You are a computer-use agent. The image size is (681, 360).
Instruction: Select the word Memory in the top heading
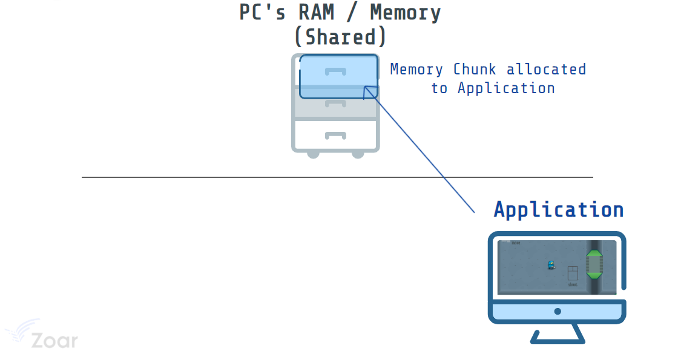tap(405, 12)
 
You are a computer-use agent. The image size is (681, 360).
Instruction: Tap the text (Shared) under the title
tap(340, 38)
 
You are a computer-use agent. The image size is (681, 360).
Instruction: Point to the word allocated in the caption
tap(546, 70)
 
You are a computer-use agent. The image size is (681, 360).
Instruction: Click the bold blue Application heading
tap(558, 209)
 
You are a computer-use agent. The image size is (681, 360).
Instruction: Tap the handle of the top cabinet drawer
tap(335, 71)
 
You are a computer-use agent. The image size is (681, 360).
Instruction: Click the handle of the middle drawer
tap(335, 103)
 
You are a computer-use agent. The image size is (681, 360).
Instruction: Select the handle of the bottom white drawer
tap(335, 135)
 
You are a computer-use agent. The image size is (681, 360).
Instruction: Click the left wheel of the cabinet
tap(313, 154)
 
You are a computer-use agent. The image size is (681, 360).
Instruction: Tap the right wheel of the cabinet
tap(358, 154)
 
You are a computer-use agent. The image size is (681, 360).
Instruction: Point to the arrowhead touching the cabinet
tap(366, 90)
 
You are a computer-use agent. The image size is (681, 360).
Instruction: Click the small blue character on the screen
tap(551, 264)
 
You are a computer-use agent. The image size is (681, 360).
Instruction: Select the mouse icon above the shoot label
tap(573, 273)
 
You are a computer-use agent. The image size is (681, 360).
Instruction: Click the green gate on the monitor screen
tap(594, 264)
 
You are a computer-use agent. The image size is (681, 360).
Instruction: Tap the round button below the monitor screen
tap(557, 312)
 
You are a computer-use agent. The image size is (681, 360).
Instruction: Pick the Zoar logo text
tap(54, 341)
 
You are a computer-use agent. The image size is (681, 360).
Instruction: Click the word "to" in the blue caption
tap(439, 88)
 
